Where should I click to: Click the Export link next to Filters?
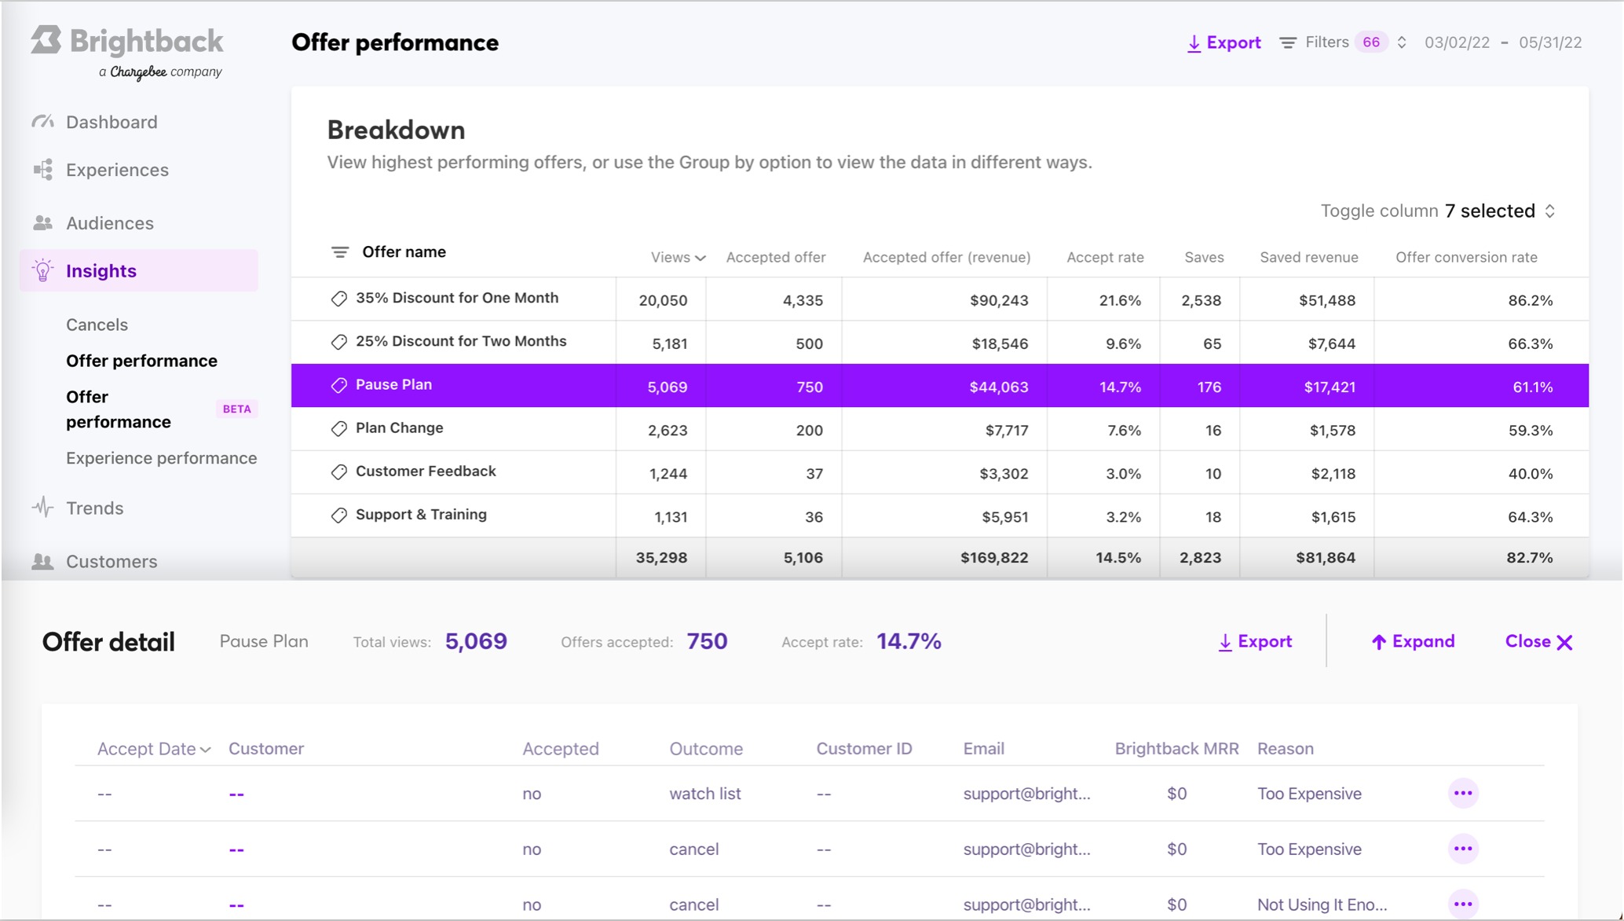point(1223,42)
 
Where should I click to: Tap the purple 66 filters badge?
point(1371,42)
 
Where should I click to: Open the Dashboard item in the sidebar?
point(112,122)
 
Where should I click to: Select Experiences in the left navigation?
point(117,170)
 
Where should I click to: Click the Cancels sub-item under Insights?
point(97,325)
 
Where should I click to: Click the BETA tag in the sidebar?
point(236,409)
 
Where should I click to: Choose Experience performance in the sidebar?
point(161,458)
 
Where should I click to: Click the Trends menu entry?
point(94,508)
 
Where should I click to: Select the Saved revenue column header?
point(1308,257)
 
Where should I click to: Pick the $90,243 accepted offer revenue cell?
point(998,300)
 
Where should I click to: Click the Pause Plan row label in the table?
point(393,384)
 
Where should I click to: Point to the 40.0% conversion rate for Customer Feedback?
point(1530,474)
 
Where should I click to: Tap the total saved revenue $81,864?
point(1325,558)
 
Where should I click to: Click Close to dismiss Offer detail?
point(1538,641)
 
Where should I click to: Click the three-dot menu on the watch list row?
point(1462,793)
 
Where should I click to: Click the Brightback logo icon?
point(46,41)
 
